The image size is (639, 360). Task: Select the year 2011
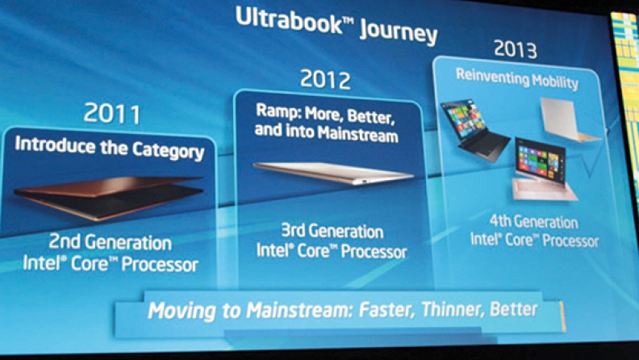coord(112,113)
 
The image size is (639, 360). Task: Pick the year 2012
coord(325,79)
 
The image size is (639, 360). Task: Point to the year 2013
coord(516,49)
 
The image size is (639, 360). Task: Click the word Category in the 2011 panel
coord(168,151)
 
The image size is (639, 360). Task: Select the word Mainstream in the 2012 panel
coord(357,134)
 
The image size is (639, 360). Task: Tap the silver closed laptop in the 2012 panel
coord(333,172)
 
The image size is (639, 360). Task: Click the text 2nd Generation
coord(110,242)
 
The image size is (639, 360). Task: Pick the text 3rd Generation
coord(332,231)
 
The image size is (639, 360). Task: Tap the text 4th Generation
coord(534,222)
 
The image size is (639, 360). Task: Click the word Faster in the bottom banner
coord(386,310)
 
